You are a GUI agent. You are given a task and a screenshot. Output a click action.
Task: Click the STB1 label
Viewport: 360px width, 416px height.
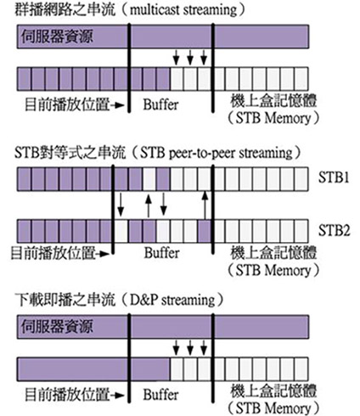coord(334,177)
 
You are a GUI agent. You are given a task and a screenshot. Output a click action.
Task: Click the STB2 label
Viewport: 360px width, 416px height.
coord(335,230)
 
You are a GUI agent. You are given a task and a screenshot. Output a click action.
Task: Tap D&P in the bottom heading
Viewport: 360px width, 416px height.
coord(143,300)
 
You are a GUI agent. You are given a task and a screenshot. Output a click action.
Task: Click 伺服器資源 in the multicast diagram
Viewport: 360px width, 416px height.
coord(57,37)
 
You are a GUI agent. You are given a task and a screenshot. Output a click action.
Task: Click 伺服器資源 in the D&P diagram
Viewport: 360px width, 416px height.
coord(57,327)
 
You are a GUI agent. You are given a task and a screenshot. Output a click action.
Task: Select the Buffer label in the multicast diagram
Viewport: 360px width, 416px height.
coord(160,104)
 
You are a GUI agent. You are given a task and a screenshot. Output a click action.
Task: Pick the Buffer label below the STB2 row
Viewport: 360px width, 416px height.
coord(161,253)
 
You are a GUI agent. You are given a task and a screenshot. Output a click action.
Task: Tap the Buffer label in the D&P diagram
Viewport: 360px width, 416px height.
coord(160,395)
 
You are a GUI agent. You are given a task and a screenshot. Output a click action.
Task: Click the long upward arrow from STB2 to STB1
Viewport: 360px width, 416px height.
coord(205,205)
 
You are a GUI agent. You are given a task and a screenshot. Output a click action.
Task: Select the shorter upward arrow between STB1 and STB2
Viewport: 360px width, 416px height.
coord(149,205)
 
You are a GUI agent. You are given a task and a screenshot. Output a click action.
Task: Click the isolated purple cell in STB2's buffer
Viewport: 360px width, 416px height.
coord(205,231)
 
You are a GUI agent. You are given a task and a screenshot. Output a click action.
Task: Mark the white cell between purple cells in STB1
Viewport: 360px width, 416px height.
coord(149,179)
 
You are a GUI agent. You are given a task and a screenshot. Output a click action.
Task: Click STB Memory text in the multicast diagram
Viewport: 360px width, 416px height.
coord(273,118)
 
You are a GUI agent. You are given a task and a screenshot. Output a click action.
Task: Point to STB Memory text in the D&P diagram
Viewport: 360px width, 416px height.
coord(273,408)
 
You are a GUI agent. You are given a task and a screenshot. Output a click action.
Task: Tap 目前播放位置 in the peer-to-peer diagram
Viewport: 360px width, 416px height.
coord(53,253)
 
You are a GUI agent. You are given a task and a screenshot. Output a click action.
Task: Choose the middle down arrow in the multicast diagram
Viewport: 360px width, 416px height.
coord(190,58)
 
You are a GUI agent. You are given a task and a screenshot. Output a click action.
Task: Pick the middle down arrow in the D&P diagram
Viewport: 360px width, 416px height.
coord(190,347)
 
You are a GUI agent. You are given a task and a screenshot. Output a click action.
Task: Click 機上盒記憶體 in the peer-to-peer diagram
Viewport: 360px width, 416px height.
coord(273,253)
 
